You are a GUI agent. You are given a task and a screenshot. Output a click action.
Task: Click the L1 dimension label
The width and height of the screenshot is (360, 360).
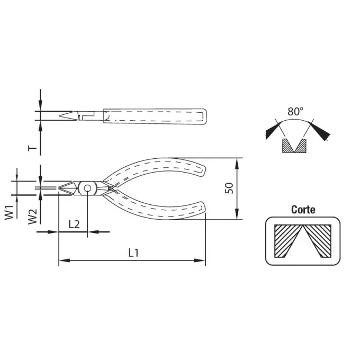[x=133, y=253]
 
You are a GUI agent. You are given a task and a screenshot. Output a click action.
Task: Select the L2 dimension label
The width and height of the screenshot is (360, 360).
[x=74, y=224]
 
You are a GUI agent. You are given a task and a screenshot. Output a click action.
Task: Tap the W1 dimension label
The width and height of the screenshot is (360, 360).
[x=9, y=213]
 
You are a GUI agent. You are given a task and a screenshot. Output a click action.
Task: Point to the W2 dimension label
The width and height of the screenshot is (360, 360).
[x=32, y=217]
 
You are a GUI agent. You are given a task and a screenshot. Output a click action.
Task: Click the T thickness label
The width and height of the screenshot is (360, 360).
[x=32, y=148]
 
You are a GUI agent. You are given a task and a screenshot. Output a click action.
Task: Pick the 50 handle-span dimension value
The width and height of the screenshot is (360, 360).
[x=229, y=188]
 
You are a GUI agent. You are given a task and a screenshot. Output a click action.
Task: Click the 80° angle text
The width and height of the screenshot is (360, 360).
[x=295, y=111]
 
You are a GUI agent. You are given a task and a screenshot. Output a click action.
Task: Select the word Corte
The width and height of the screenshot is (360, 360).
[x=303, y=210]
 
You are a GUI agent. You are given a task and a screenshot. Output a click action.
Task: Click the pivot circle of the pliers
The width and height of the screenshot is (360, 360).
[x=87, y=188]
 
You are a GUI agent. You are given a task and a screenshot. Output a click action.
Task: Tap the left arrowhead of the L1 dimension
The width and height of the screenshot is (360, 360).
[x=64, y=260]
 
